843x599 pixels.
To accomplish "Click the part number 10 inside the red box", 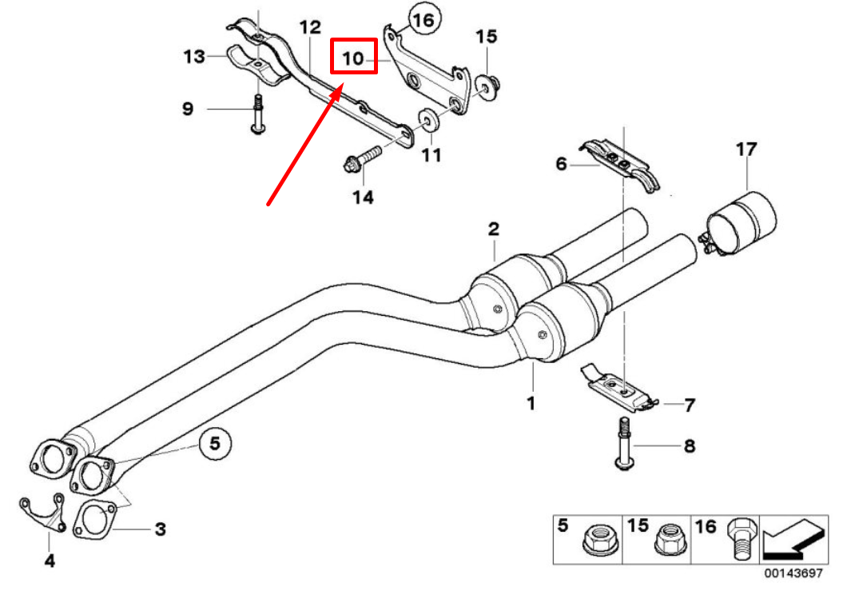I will pyautogui.click(x=353, y=58).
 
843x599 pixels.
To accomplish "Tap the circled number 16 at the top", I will pyautogui.click(x=423, y=19).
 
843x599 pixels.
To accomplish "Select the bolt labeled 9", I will pyautogui.click(x=257, y=113).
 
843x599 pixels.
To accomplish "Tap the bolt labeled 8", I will pyautogui.click(x=623, y=443).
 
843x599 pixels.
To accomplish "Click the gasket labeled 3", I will pyautogui.click(x=93, y=521).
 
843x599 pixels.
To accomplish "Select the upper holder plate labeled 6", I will pyautogui.click(x=619, y=164).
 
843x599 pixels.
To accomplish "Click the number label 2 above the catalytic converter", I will pyautogui.click(x=494, y=230).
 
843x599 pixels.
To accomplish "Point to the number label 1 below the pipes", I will pyautogui.click(x=530, y=403).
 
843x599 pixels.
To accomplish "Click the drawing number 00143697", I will pyautogui.click(x=793, y=573).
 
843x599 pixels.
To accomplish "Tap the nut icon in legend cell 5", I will pyautogui.click(x=599, y=541).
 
